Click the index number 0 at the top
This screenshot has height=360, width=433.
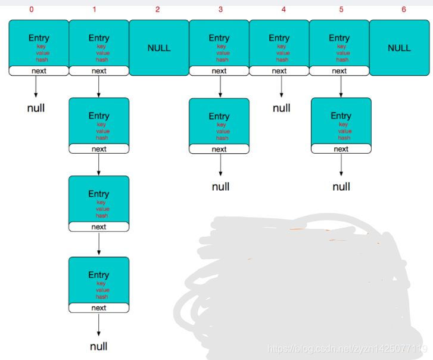(x=32, y=10)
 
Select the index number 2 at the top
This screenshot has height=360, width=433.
(x=157, y=10)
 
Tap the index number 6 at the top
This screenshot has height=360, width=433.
(x=403, y=10)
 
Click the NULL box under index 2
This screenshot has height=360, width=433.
(x=159, y=48)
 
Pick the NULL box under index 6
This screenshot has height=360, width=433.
(x=399, y=48)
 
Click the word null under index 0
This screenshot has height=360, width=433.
(x=36, y=108)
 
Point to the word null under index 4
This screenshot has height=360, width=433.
(x=282, y=108)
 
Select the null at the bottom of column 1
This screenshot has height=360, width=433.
(x=99, y=346)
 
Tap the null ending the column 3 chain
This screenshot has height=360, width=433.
(x=220, y=187)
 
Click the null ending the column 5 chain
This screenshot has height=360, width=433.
(x=341, y=187)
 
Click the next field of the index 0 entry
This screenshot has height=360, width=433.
(x=39, y=71)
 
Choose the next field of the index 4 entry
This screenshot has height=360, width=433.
(x=279, y=71)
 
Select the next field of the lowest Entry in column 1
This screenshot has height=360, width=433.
(x=99, y=308)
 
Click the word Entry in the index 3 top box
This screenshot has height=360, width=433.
(x=219, y=38)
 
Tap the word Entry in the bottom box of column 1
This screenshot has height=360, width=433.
(x=99, y=275)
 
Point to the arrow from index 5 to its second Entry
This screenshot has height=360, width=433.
(x=340, y=86)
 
